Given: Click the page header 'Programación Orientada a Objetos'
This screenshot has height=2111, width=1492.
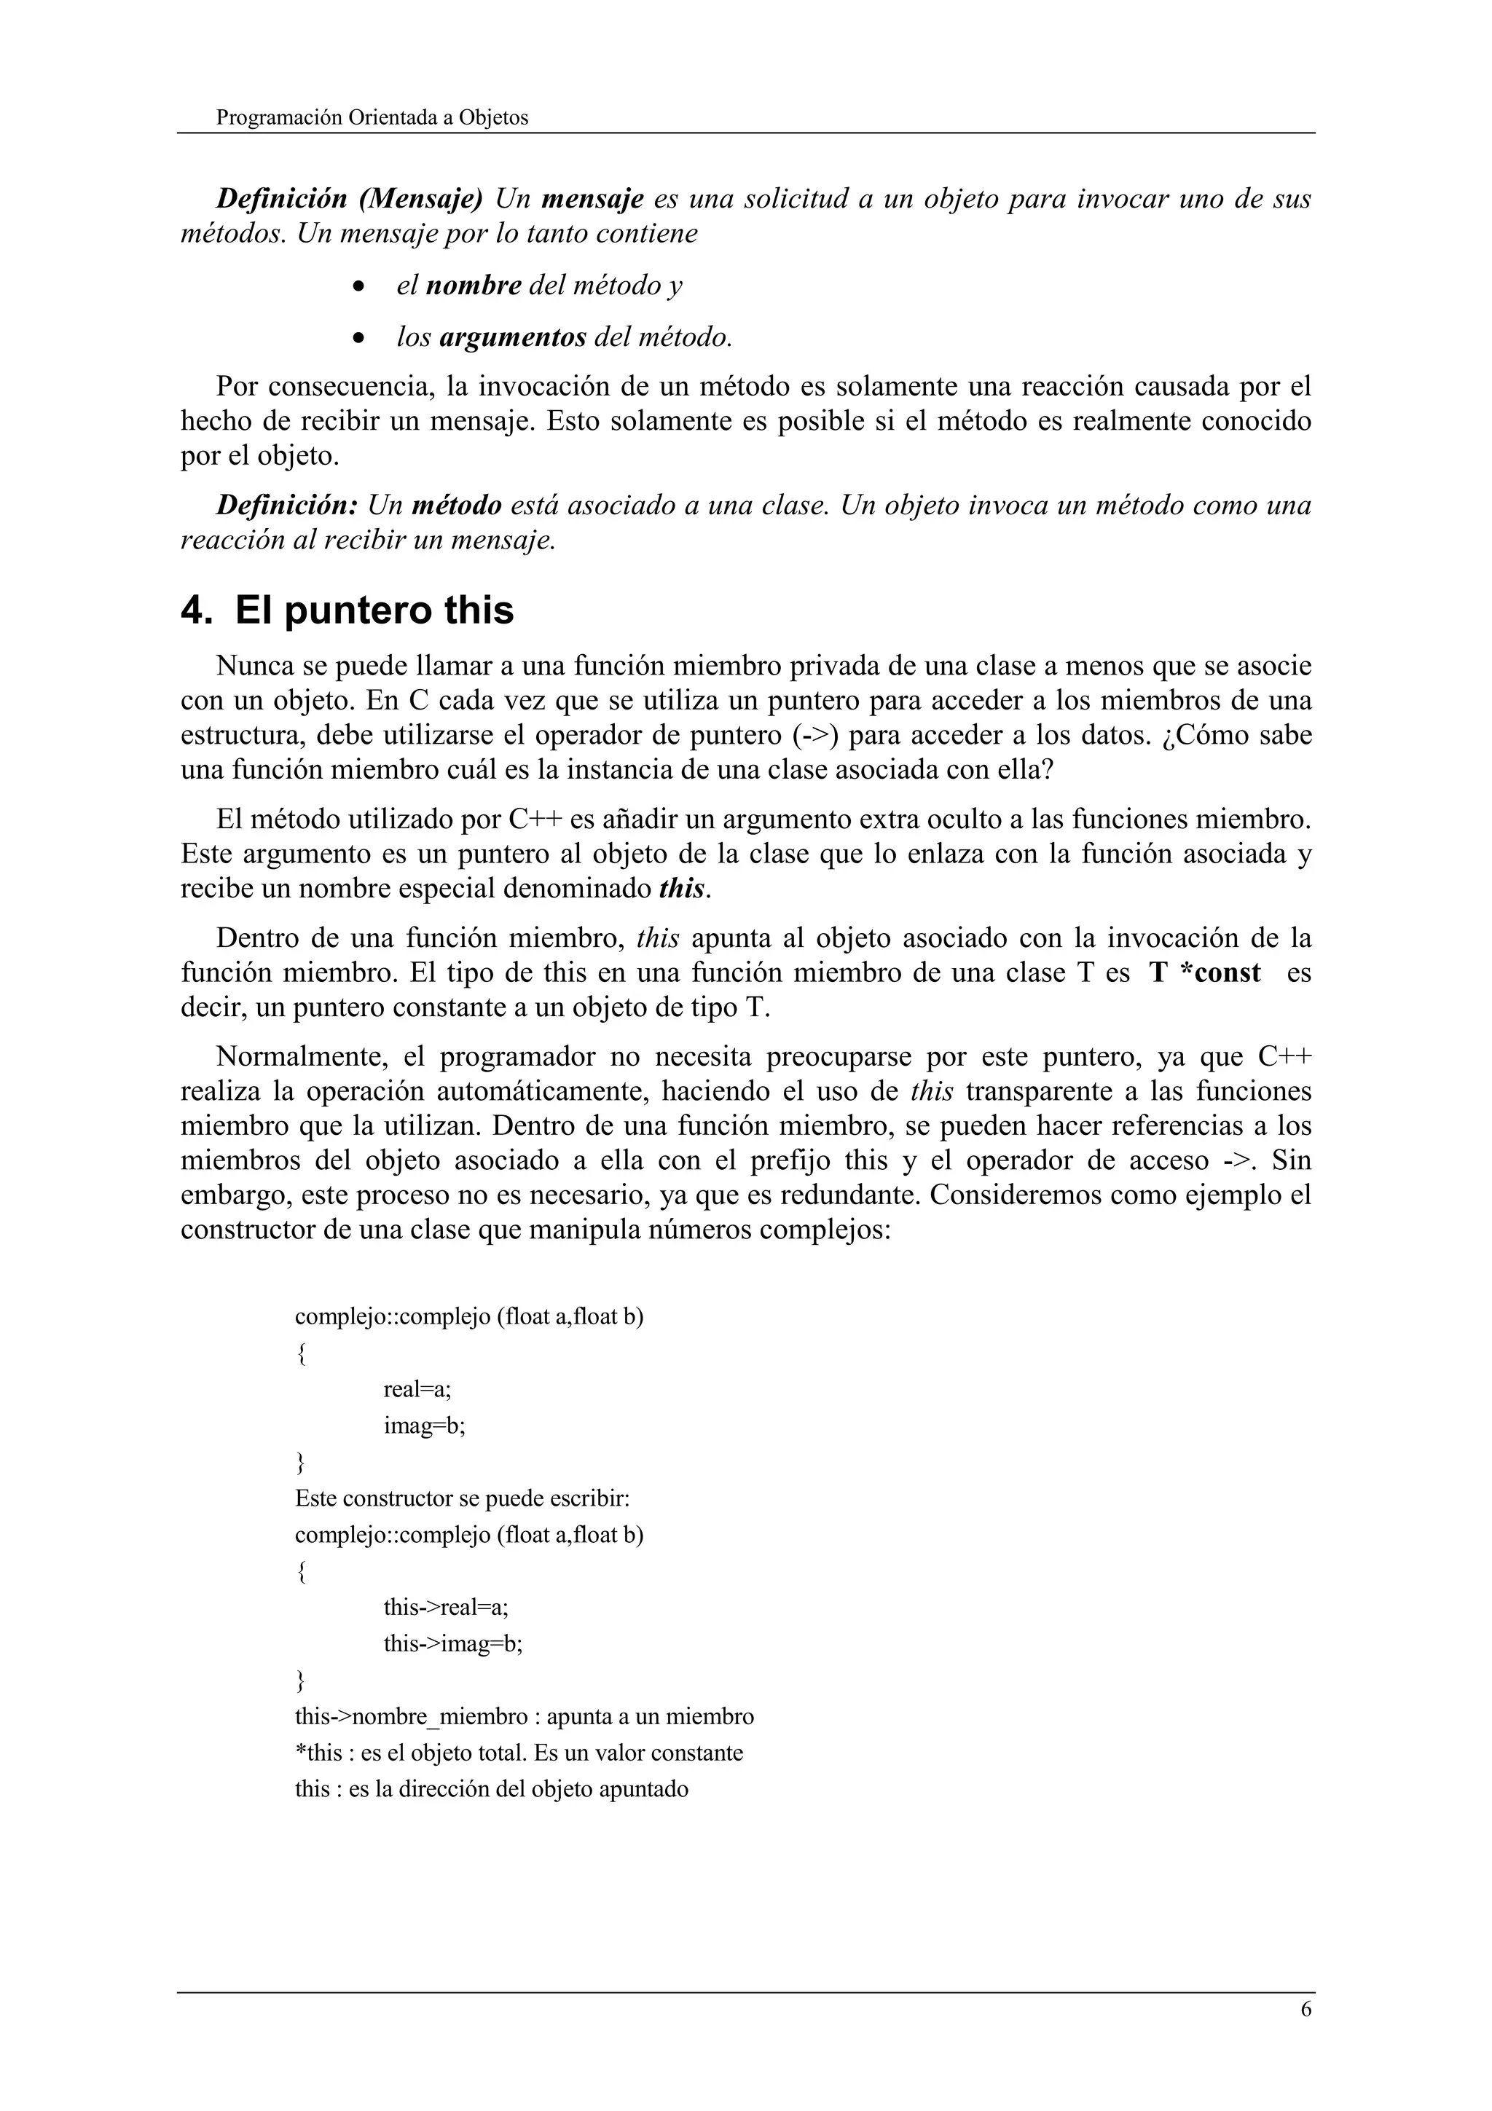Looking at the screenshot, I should pyautogui.click(x=372, y=118).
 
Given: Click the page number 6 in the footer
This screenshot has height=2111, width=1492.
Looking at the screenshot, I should pyautogui.click(x=1305, y=2010).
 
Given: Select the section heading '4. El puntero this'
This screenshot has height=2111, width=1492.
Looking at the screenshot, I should pyautogui.click(x=347, y=610).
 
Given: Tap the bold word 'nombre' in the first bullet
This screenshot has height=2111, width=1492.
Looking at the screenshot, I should pyautogui.click(x=474, y=286).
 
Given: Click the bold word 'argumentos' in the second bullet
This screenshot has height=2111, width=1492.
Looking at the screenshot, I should pyautogui.click(x=512, y=338).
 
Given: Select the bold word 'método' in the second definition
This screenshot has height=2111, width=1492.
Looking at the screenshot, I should pyautogui.click(x=456, y=506).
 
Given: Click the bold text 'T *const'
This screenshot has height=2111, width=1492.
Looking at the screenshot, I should pyautogui.click(x=1204, y=972).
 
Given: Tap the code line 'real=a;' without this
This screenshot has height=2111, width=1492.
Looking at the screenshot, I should pyautogui.click(x=417, y=1389).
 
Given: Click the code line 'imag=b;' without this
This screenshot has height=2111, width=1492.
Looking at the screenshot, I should pyautogui.click(x=425, y=1426).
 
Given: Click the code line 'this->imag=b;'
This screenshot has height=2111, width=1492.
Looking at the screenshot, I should pyautogui.click(x=453, y=1643).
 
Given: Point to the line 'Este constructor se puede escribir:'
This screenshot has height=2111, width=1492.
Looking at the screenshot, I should pyautogui.click(x=461, y=1498).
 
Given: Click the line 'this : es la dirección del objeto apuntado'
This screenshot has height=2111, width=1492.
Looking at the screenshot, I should pyautogui.click(x=491, y=1788).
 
